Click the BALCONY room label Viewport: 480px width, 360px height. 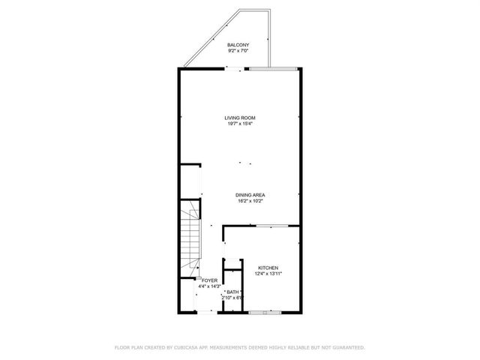[x=238, y=46]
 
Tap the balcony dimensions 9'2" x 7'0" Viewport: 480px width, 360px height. [x=238, y=52]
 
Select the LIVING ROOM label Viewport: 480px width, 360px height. [x=240, y=118]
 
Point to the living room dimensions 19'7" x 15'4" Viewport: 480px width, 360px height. [x=240, y=124]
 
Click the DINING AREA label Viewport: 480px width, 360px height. [x=250, y=195]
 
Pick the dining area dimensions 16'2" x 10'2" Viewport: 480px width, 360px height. [x=250, y=201]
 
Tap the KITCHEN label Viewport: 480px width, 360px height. [x=268, y=268]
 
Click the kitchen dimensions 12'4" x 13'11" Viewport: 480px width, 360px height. [x=268, y=274]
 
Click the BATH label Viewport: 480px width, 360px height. [x=232, y=292]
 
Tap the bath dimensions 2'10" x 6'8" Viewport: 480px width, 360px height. [x=232, y=298]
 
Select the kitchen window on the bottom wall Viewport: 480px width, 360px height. [x=265, y=310]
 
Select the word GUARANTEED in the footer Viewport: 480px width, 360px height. [x=348, y=347]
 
